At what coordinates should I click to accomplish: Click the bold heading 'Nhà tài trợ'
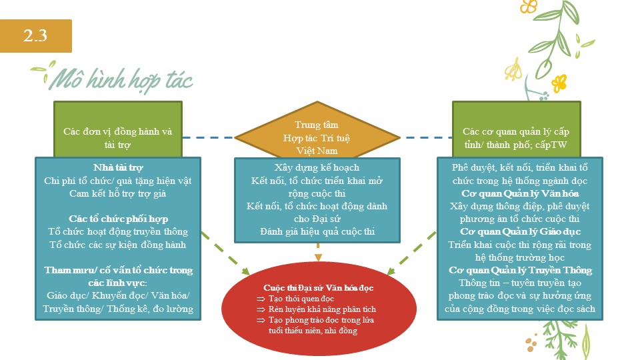(x=118, y=167)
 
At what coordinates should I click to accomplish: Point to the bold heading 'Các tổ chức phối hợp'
(x=118, y=219)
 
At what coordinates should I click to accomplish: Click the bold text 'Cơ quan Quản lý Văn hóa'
(x=520, y=193)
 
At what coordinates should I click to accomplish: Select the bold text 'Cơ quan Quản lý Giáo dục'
(x=520, y=231)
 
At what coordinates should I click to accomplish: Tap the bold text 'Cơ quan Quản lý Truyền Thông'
(x=520, y=270)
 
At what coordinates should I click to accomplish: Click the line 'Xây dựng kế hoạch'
(x=317, y=167)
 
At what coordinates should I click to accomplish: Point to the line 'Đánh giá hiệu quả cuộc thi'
(x=317, y=231)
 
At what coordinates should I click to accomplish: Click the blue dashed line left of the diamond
(x=209, y=138)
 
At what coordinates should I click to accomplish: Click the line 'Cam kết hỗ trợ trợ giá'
(x=118, y=193)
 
